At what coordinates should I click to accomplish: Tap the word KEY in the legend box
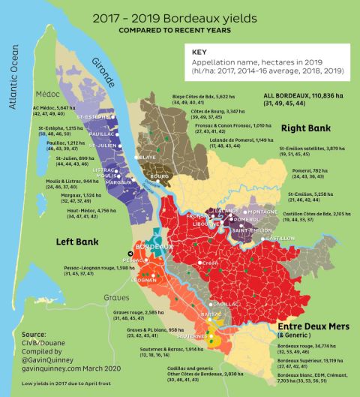pos(199,53)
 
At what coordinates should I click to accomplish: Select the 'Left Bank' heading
pos(79,242)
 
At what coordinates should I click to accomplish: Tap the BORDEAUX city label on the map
pos(154,246)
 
